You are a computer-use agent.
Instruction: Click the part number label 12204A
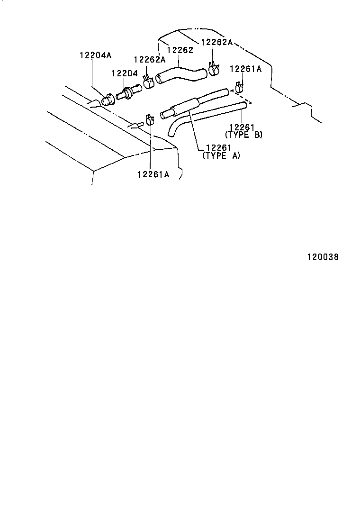click(95, 55)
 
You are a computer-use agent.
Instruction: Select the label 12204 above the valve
click(125, 73)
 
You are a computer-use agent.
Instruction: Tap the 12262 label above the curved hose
click(180, 50)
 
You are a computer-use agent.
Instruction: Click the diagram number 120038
click(323, 257)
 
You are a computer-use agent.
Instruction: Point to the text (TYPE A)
click(221, 155)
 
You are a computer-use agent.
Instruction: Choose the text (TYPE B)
click(244, 135)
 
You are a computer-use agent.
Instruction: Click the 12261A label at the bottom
click(153, 174)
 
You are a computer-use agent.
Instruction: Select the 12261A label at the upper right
click(245, 69)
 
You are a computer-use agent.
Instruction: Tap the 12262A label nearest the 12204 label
click(150, 60)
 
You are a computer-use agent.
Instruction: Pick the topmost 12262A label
click(217, 42)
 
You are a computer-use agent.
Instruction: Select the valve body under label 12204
click(127, 92)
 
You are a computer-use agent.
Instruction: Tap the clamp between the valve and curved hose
click(148, 82)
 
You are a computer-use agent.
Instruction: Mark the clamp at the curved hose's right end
click(214, 68)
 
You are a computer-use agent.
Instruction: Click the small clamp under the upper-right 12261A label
click(239, 88)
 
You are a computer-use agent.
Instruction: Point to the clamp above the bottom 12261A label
click(150, 120)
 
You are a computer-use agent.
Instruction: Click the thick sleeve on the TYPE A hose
click(185, 105)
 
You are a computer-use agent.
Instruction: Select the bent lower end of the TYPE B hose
click(174, 127)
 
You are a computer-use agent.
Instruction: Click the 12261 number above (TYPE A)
click(218, 148)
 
